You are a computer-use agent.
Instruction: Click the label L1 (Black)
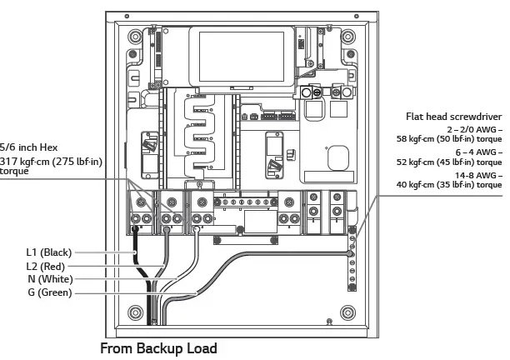pos(46,252)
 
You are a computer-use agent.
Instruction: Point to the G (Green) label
pos(48,292)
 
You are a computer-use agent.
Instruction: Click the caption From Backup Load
pos(158,348)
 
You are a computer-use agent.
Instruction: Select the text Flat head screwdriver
pos(454,117)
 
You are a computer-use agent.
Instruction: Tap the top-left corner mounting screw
pos(135,37)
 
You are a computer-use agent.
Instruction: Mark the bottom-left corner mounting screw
pos(135,313)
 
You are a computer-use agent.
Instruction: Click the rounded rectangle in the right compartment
pos(338,159)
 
